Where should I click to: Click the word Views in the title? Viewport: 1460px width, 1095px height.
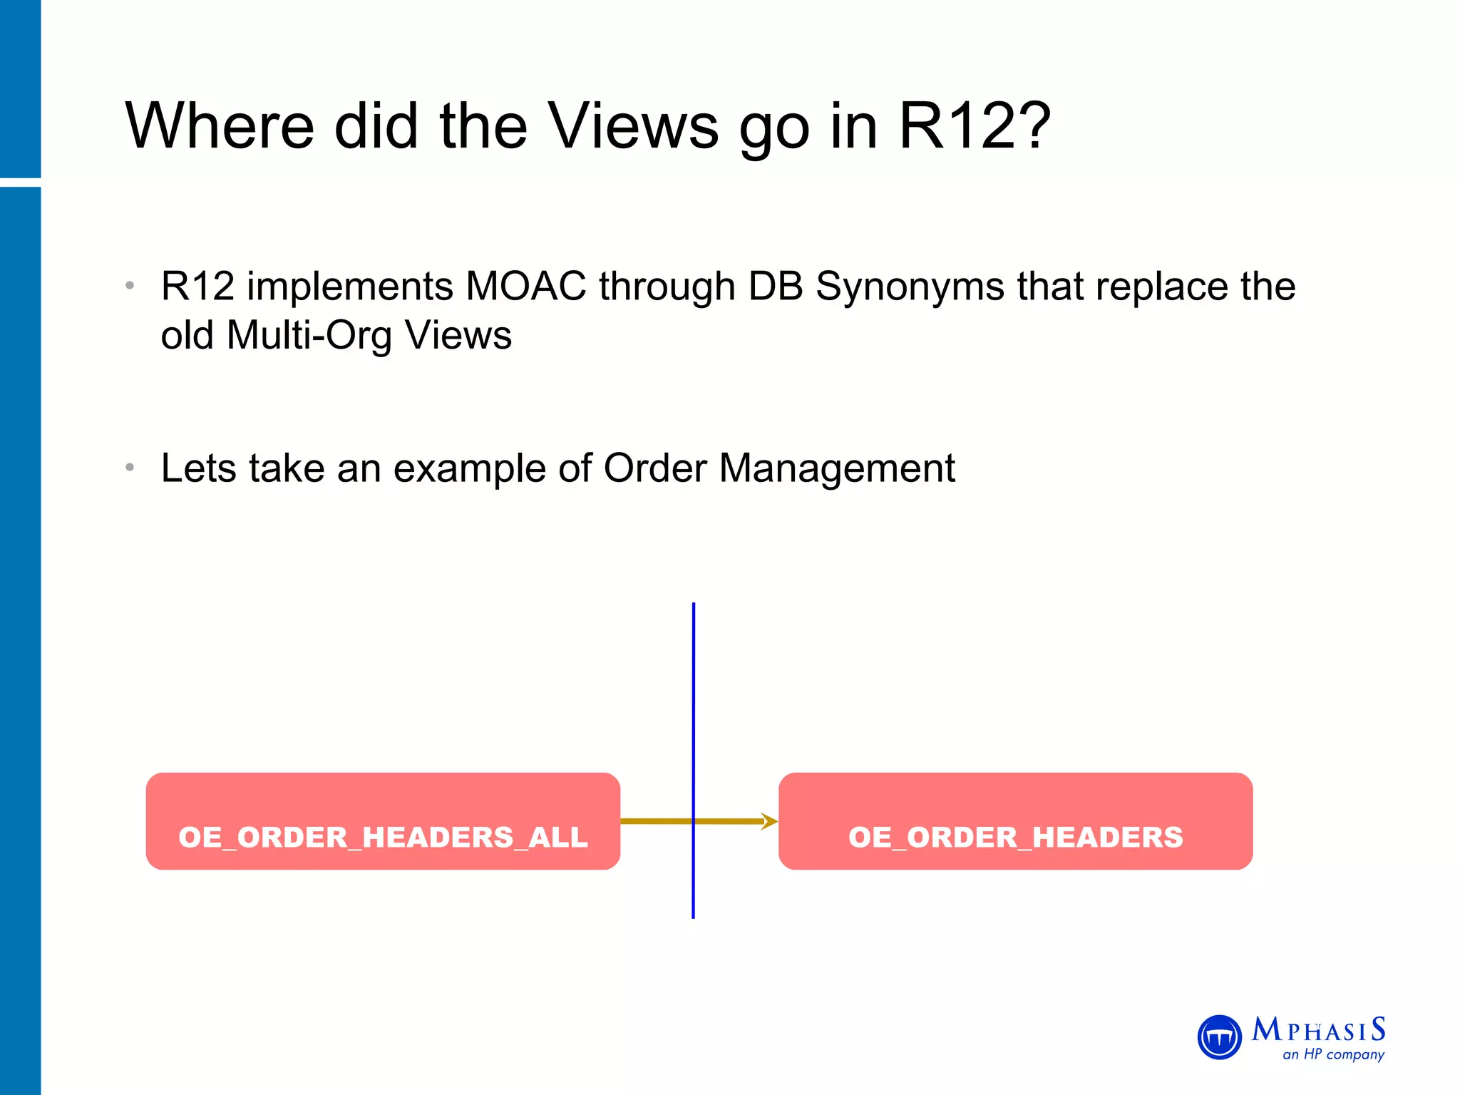634,126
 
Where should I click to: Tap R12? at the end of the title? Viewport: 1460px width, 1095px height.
974,126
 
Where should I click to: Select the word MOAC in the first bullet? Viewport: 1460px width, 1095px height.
525,287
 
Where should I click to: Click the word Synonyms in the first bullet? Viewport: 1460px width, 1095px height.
910,287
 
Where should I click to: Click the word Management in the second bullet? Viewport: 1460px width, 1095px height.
837,468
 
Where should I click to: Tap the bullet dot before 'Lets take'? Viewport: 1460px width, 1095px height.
130,468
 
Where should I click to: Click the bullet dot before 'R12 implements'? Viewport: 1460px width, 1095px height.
130,286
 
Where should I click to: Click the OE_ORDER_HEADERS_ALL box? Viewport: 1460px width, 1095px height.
383,821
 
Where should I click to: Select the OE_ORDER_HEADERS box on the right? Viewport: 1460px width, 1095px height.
1015,821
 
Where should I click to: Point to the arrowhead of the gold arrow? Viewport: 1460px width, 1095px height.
770,821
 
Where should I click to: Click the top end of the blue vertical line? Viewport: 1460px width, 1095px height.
693,606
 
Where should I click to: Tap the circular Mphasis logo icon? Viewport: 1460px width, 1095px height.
1220,1037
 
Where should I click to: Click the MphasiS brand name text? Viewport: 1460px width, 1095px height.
1318,1030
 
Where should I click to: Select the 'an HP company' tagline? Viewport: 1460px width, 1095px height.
1333,1054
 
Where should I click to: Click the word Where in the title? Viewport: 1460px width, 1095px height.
220,126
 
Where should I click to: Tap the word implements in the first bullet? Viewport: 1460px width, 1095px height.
349,287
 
